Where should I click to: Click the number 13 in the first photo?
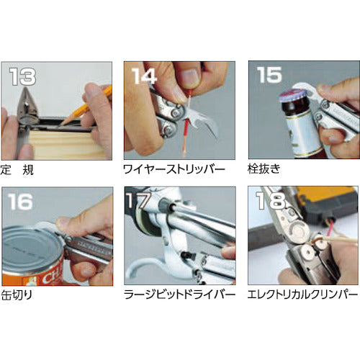23,76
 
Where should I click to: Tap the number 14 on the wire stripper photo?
144,76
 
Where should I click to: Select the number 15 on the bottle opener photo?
269,75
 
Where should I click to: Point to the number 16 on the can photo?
20,202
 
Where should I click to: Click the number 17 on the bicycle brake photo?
138,200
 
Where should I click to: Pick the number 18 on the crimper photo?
271,200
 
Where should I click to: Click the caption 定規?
17,170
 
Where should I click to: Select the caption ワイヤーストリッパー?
174,169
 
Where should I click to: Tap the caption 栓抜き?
264,169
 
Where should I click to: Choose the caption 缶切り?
17,295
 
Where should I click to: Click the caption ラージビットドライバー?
179,294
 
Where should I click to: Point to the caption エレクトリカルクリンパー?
302,294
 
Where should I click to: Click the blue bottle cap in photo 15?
290,94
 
